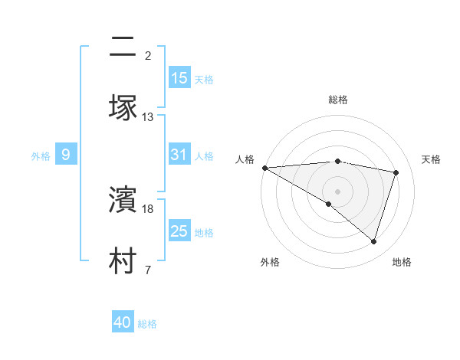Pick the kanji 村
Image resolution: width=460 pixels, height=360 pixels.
pos(122,260)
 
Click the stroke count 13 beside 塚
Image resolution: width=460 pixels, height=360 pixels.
pos(148,117)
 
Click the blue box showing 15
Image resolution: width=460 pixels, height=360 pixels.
pos(179,78)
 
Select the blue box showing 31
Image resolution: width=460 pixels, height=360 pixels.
pos(179,155)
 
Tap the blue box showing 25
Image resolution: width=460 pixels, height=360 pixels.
pos(179,231)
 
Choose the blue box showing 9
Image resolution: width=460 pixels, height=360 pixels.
pos(66,155)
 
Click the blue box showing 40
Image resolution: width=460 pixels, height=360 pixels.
pos(123,322)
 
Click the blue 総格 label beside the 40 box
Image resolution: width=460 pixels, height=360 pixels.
pos(147,324)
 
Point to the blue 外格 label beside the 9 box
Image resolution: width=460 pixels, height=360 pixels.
pos(41,156)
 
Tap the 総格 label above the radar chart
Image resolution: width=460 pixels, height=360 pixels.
pos(337,100)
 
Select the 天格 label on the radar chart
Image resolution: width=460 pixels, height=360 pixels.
pos(431,159)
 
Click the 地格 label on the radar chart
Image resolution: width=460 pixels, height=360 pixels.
pos(402,262)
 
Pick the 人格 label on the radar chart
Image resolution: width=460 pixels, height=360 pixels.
pos(245,159)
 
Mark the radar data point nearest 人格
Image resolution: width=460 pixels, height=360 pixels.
pos(264,168)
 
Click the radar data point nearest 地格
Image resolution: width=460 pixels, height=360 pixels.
pos(373,241)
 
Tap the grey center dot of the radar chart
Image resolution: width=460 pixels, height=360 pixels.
pos(337,191)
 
